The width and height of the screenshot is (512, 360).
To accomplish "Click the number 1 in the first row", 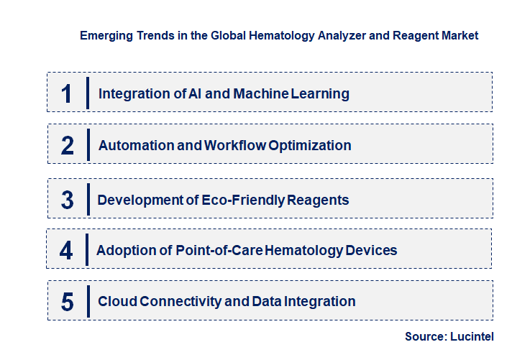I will [67, 93].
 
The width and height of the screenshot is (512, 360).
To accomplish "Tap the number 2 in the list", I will [68, 145].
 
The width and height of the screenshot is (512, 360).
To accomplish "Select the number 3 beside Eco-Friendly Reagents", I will [68, 200].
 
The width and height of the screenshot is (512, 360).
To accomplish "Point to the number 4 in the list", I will [67, 250].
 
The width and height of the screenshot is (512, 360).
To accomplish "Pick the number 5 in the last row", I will [68, 302].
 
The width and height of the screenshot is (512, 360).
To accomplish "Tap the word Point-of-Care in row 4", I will [220, 250].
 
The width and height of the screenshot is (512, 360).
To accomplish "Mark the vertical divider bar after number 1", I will [87, 93].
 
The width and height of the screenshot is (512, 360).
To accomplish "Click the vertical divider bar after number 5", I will [87, 300].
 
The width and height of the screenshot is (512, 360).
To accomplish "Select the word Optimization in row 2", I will [310, 145].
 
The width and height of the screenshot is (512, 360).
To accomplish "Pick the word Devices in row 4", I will [370, 250].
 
